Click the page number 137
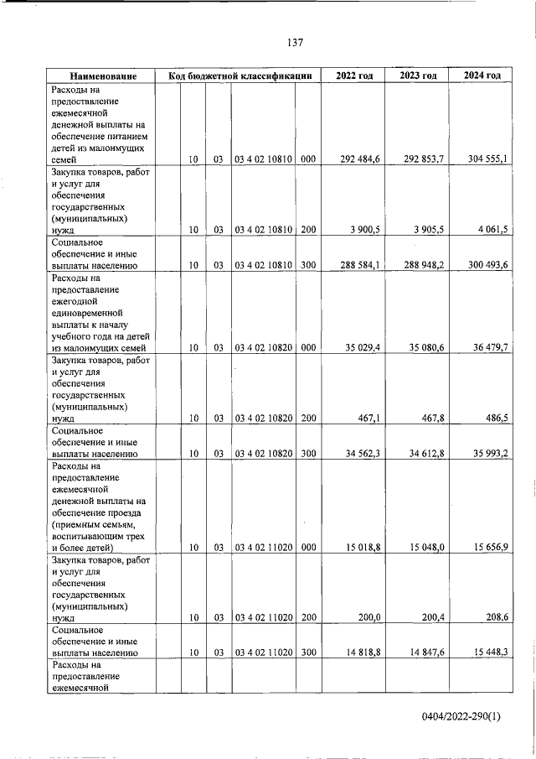[294, 43]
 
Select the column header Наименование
[104, 76]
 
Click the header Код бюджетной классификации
[240, 76]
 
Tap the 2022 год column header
[354, 76]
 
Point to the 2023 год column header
[418, 76]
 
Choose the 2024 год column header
[482, 76]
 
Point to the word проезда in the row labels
[122, 512]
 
